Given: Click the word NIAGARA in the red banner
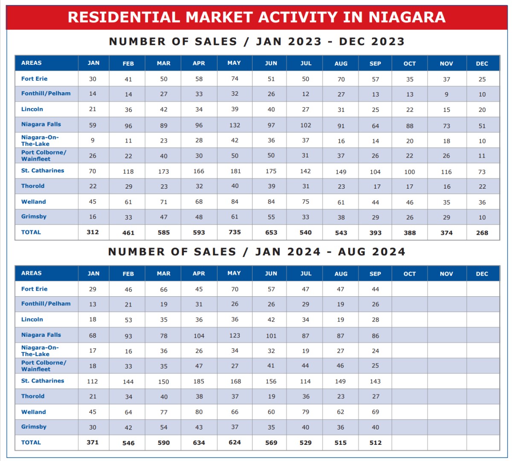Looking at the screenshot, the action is (407, 17).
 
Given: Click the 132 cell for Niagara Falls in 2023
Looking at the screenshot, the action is (235, 125).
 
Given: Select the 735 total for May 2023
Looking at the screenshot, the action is (235, 232).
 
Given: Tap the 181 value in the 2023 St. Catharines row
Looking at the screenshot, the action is (236, 171).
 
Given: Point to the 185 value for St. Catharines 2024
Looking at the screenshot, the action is (198, 381).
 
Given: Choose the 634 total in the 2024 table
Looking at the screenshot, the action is (199, 443).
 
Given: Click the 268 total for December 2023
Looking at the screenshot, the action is (482, 233).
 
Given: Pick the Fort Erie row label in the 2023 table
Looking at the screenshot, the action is (34, 79).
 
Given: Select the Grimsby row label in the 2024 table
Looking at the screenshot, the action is (34, 427).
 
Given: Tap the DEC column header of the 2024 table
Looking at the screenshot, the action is (482, 274).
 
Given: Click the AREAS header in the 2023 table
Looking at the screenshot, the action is (31, 63).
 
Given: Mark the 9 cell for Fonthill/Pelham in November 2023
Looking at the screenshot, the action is (446, 94).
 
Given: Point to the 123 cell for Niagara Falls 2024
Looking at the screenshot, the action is (235, 336).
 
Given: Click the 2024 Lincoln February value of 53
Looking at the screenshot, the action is (128, 320).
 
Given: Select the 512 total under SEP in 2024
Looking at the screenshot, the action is (375, 443).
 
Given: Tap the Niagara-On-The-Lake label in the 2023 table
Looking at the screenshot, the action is (40, 140).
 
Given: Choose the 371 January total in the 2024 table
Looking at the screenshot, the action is (93, 442).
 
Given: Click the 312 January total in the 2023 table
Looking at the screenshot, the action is (93, 232).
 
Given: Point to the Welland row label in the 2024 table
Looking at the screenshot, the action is (33, 412).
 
